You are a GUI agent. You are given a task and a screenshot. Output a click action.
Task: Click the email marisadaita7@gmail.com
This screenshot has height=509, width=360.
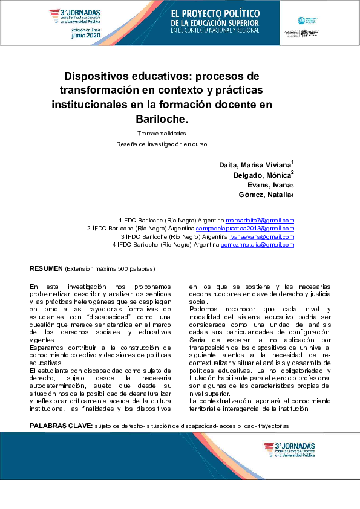click(x=260, y=221)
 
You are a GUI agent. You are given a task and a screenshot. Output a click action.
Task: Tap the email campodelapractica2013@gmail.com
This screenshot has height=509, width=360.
click(x=245, y=229)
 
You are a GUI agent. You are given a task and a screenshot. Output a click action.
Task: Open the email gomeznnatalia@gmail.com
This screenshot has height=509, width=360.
click(x=257, y=244)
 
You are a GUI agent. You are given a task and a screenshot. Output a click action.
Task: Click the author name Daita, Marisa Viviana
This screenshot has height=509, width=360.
click(x=255, y=165)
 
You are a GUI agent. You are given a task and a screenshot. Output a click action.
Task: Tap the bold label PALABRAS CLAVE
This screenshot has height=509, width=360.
click(x=61, y=426)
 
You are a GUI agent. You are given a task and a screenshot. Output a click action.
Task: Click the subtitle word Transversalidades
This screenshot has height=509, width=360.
click(x=161, y=133)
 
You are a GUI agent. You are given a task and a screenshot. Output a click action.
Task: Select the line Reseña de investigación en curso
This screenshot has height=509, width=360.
click(x=162, y=144)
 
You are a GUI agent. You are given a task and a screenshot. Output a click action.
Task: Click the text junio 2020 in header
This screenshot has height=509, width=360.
click(x=87, y=36)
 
